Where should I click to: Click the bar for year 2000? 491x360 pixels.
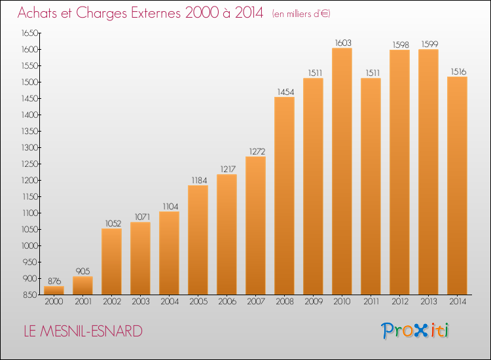54,290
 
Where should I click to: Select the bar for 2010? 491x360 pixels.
342,171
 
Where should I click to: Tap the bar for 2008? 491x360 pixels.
284,196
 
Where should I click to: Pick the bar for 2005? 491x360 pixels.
198,240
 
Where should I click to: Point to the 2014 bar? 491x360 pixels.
457,186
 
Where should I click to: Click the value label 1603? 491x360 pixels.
343,43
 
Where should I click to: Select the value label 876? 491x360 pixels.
54,281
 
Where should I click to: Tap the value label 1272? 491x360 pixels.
257,151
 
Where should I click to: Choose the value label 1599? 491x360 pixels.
429,44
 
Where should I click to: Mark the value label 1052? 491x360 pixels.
113,223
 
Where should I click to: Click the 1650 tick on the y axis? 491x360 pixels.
29,33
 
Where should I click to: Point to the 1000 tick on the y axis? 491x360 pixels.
29,245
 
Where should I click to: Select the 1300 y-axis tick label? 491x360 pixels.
29,148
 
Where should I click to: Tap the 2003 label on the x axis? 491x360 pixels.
141,302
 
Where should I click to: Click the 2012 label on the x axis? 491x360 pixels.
400,302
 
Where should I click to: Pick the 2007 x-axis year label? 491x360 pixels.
256,302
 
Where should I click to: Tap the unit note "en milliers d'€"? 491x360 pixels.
301,14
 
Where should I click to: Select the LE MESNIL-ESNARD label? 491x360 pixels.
83,331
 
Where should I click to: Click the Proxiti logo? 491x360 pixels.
415,331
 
